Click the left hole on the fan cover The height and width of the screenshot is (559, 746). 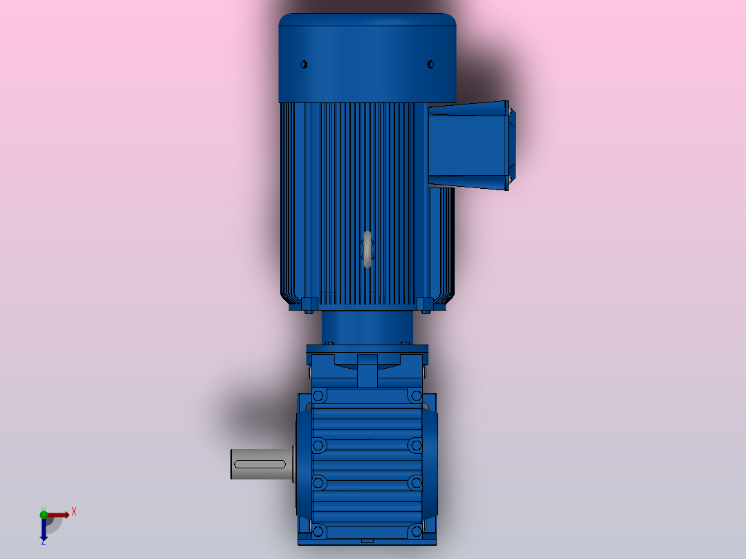point(303,64)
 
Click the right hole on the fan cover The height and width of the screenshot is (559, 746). point(430,64)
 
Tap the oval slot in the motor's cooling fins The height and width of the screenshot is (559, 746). point(367,250)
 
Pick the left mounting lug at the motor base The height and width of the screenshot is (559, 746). point(310,304)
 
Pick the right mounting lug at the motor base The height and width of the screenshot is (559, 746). point(425,304)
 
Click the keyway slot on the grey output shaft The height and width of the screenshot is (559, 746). point(261,464)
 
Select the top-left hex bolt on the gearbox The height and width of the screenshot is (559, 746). point(318,396)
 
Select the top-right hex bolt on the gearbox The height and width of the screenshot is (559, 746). point(415,396)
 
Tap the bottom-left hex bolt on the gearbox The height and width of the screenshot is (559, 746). point(318,531)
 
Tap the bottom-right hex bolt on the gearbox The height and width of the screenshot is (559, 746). point(415,531)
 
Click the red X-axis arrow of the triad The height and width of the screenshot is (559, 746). point(60,515)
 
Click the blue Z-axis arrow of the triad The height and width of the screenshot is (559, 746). point(44,530)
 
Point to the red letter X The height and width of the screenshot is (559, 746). point(74,512)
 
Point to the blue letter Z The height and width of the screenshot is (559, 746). point(43,543)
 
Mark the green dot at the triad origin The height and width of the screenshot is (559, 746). point(44,514)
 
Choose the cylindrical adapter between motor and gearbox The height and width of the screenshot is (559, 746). point(367,327)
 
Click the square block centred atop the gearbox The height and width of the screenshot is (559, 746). point(367,370)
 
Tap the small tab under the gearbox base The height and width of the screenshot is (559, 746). point(367,540)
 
